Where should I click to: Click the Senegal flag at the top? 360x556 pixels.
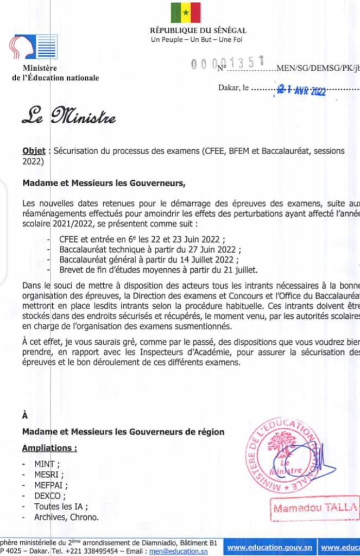[186, 12]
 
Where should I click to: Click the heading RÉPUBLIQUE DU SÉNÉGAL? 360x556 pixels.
[198, 31]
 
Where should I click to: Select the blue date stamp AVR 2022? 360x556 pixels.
[302, 90]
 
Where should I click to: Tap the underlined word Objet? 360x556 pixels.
[34, 151]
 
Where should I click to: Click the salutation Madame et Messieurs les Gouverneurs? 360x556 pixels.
[104, 183]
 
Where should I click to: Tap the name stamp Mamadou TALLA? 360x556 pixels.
[315, 509]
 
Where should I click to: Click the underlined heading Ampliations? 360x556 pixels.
[49, 448]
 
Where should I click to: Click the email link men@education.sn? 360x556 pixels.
[186, 551]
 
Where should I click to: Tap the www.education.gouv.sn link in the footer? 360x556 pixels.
[269, 547]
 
